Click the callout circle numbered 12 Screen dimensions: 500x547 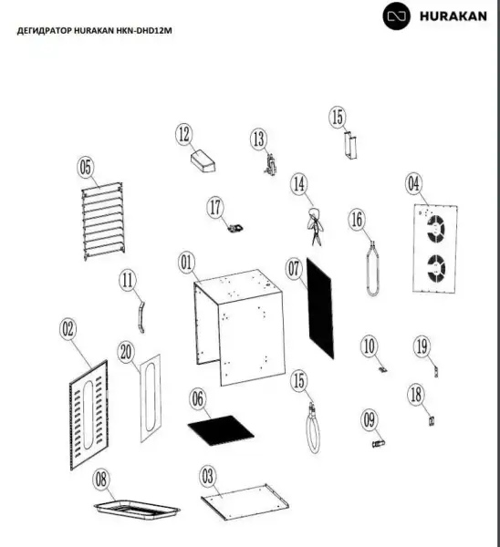[x=184, y=134]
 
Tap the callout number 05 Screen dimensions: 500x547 [x=86, y=167]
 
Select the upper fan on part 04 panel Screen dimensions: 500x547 [x=436, y=229]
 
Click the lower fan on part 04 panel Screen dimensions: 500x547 [x=436, y=268]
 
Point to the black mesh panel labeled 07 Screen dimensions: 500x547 [x=320, y=308]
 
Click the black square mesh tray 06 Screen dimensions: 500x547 [x=221, y=430]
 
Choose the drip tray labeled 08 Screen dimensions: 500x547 [x=137, y=509]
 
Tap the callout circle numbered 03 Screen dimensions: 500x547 [x=207, y=476]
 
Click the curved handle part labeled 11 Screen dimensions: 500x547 [x=141, y=317]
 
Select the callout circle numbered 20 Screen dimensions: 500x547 [x=126, y=352]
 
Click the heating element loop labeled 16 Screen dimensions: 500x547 [x=372, y=269]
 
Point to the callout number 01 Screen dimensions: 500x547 [x=187, y=263]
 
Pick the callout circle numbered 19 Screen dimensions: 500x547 [x=422, y=346]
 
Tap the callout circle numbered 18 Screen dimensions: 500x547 [x=416, y=395]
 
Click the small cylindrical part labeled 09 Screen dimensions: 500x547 [x=379, y=443]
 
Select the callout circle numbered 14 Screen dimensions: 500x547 [x=299, y=184]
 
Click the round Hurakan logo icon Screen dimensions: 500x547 [x=396, y=16]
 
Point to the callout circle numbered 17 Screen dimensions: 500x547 [x=215, y=207]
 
